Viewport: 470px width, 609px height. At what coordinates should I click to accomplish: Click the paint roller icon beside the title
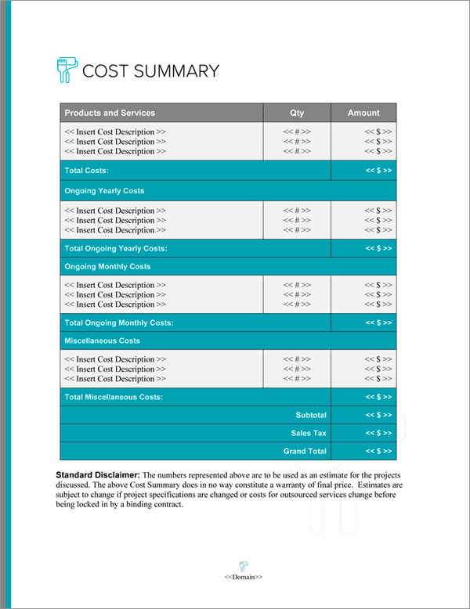[x=67, y=70]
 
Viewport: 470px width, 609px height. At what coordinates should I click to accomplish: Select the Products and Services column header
[x=110, y=113]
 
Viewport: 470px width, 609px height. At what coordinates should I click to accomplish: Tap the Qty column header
[x=297, y=113]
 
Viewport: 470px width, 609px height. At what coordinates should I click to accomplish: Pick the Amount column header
[x=363, y=113]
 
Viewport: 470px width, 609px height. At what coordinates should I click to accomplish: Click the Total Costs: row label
[x=86, y=171]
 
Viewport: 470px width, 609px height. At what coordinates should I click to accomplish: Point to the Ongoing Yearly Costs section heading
[x=104, y=191]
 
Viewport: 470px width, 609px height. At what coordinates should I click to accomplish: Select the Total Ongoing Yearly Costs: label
[x=116, y=248]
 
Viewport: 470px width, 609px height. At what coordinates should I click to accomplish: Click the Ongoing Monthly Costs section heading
[x=107, y=267]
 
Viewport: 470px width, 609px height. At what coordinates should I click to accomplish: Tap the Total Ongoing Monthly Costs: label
[x=119, y=323]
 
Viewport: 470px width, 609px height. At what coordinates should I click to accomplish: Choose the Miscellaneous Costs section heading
[x=103, y=341]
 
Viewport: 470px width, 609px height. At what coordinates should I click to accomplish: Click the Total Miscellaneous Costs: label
[x=114, y=398]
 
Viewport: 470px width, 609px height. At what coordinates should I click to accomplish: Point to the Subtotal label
[x=311, y=415]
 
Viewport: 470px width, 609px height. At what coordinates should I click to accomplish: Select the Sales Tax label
[x=309, y=433]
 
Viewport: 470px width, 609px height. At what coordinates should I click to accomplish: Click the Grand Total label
[x=305, y=452]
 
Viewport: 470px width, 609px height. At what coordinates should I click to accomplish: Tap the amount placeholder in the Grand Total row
[x=378, y=452]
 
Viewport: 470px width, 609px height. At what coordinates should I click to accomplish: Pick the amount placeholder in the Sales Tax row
[x=378, y=433]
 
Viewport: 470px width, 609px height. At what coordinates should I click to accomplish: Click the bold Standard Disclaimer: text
[x=98, y=475]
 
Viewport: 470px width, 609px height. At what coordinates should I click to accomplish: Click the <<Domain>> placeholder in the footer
[x=244, y=577]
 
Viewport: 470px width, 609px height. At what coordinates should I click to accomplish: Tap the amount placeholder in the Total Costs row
[x=378, y=171]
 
